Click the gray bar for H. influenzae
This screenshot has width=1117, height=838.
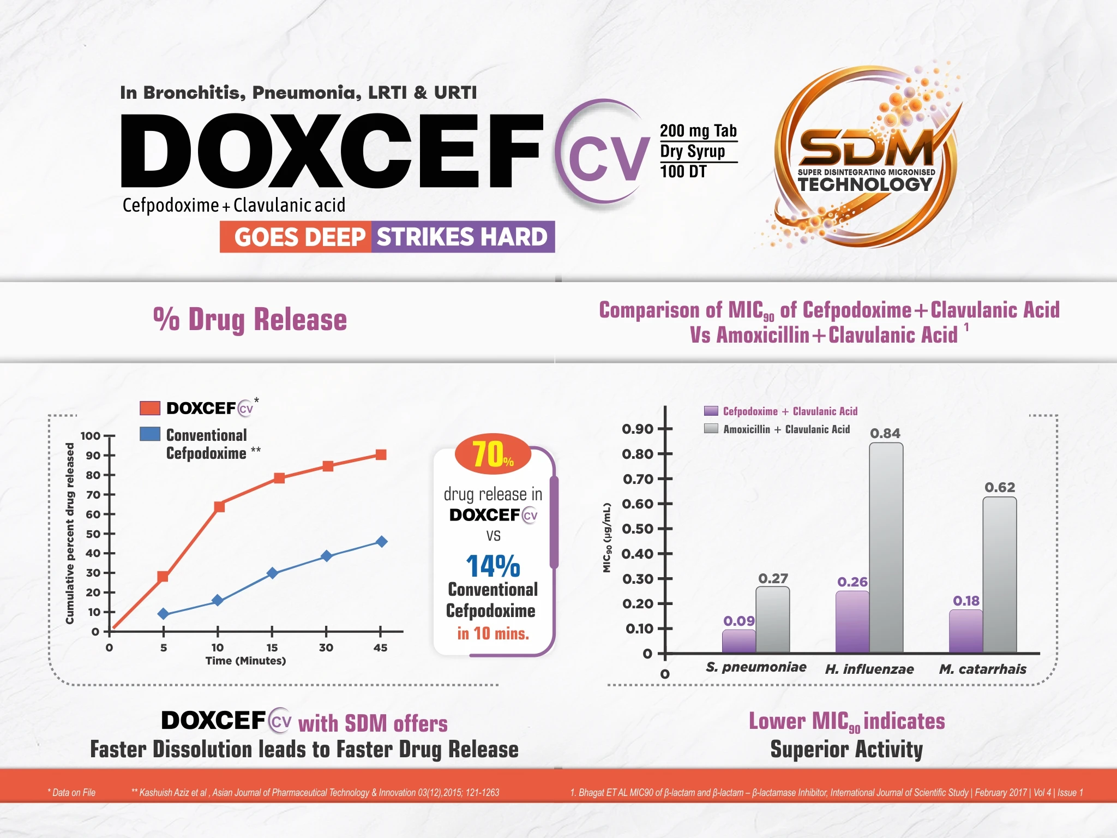click(x=886, y=547)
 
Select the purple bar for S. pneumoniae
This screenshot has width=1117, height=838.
click(x=739, y=641)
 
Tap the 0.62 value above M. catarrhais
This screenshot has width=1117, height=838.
click(x=1000, y=487)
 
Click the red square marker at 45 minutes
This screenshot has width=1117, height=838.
click(x=381, y=454)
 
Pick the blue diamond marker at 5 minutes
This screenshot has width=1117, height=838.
click(x=163, y=614)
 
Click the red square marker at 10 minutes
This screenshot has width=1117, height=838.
click(x=219, y=506)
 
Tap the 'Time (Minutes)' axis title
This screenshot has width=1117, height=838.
click(x=245, y=661)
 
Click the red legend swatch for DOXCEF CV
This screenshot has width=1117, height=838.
click(x=150, y=408)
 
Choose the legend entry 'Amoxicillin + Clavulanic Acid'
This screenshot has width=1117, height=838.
click(x=786, y=429)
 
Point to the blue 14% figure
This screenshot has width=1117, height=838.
click(x=493, y=566)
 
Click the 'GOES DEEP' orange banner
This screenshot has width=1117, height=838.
click(x=296, y=237)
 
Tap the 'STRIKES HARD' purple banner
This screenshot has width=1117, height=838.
click(x=463, y=237)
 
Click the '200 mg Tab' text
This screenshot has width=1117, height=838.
click(x=698, y=131)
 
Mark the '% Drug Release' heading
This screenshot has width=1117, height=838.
click(x=250, y=320)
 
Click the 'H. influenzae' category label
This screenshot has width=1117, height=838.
click(x=869, y=669)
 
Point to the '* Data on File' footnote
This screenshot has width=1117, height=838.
click(x=71, y=792)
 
